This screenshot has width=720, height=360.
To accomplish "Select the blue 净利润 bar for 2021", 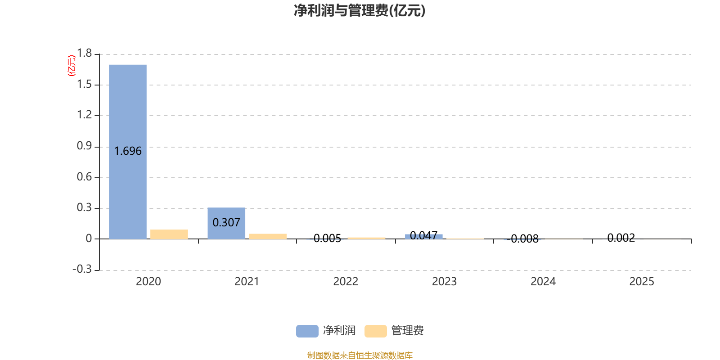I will (226, 211).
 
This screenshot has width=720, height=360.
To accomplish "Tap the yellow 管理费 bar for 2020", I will (169, 234).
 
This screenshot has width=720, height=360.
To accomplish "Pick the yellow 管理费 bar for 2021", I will (268, 236).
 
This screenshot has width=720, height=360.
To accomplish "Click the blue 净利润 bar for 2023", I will (424, 236).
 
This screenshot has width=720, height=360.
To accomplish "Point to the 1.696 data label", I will (128, 151).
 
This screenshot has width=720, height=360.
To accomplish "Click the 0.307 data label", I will (226, 223).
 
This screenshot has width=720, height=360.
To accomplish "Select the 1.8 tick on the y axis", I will (84, 54).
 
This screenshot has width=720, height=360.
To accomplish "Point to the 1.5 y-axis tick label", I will (84, 84).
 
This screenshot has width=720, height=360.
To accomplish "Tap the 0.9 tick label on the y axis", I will (84, 146).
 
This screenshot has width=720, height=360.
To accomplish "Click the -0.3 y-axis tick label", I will (82, 269).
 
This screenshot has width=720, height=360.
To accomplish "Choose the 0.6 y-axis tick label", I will (84, 177).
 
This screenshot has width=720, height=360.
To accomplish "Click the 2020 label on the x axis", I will (148, 282).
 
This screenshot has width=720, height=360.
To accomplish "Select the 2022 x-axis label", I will (346, 282).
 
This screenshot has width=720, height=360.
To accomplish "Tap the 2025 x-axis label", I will (642, 282).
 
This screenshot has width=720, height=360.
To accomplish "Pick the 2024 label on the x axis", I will (543, 282).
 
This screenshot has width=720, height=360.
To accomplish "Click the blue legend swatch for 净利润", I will (307, 331).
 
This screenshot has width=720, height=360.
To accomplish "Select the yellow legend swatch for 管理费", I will (375, 331).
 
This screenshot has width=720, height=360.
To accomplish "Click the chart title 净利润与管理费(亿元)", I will (360, 10).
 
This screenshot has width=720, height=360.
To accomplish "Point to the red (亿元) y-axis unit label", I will (72, 66).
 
